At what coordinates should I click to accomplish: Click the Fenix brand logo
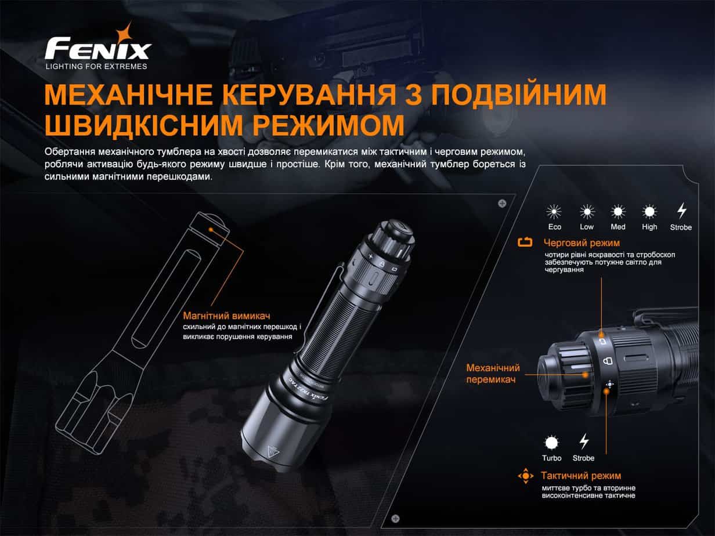click(x=98, y=46)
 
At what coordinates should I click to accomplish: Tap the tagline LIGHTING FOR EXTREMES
click(x=96, y=66)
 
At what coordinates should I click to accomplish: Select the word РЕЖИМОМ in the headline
click(x=328, y=125)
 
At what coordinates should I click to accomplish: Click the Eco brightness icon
click(x=554, y=212)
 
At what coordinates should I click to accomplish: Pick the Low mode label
click(x=587, y=227)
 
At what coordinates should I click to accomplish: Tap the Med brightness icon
click(x=618, y=212)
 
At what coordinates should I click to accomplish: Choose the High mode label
click(x=649, y=227)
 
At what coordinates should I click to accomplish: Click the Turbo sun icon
click(x=551, y=443)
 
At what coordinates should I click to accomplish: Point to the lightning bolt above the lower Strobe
click(x=584, y=441)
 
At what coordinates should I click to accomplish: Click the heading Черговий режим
click(x=582, y=243)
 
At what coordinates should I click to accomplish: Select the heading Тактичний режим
click(x=581, y=476)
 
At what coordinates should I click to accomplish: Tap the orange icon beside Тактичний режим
click(x=526, y=476)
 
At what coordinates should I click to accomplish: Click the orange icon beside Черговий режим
click(x=525, y=242)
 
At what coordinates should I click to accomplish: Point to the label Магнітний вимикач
click(x=226, y=316)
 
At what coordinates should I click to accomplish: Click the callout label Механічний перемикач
click(x=493, y=374)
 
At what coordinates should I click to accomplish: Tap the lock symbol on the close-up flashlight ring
click(x=608, y=361)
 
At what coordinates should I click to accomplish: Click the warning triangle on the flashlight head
click(x=272, y=451)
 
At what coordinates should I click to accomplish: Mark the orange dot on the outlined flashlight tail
click(x=211, y=230)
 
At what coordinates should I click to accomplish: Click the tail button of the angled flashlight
click(x=400, y=227)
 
